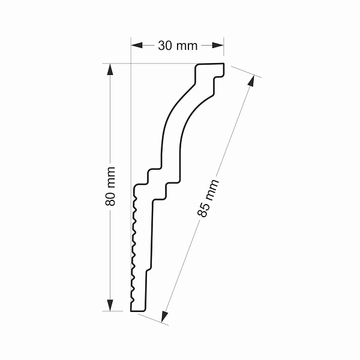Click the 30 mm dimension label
[178, 46]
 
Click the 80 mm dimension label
[110, 186]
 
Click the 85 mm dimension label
[208, 198]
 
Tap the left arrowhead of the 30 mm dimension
[137, 45]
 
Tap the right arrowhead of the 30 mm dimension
[218, 45]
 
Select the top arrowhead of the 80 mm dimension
[110, 69]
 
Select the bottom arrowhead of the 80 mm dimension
[110, 305]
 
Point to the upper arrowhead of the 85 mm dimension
[251, 81]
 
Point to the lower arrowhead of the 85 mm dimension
[164, 317]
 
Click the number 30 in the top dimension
[165, 46]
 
